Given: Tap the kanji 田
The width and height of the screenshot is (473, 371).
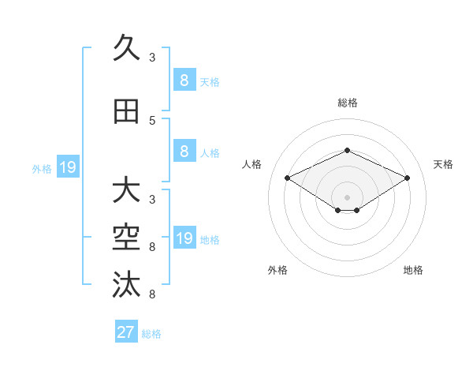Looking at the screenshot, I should click(126, 111).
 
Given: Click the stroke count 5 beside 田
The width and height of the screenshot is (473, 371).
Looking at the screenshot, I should click(152, 121).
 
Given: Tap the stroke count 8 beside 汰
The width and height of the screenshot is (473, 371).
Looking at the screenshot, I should click(152, 294).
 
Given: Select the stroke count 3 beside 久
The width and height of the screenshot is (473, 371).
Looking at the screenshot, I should click(152, 58).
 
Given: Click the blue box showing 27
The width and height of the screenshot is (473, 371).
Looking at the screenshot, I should click(126, 332).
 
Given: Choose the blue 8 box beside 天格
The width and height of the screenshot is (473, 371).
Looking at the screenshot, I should click(184, 80).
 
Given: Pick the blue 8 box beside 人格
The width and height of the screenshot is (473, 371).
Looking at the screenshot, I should click(184, 152).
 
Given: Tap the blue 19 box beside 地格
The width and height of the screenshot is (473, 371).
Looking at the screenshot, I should click(184, 238).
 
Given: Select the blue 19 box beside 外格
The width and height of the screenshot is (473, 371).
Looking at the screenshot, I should click(67, 167).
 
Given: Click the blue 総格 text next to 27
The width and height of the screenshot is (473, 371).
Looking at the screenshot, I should click(151, 334).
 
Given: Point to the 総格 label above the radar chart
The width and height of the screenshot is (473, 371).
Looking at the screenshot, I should click(347, 103).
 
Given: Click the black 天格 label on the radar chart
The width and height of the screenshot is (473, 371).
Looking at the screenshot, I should click(443, 164).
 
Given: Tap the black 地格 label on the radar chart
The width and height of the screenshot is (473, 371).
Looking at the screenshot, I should click(413, 270).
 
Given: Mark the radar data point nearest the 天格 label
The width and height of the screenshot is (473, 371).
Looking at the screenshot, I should click(407, 178).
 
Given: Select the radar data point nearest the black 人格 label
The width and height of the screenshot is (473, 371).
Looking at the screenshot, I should click(288, 178).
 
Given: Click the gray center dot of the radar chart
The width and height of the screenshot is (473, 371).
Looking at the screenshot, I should click(347, 196).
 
